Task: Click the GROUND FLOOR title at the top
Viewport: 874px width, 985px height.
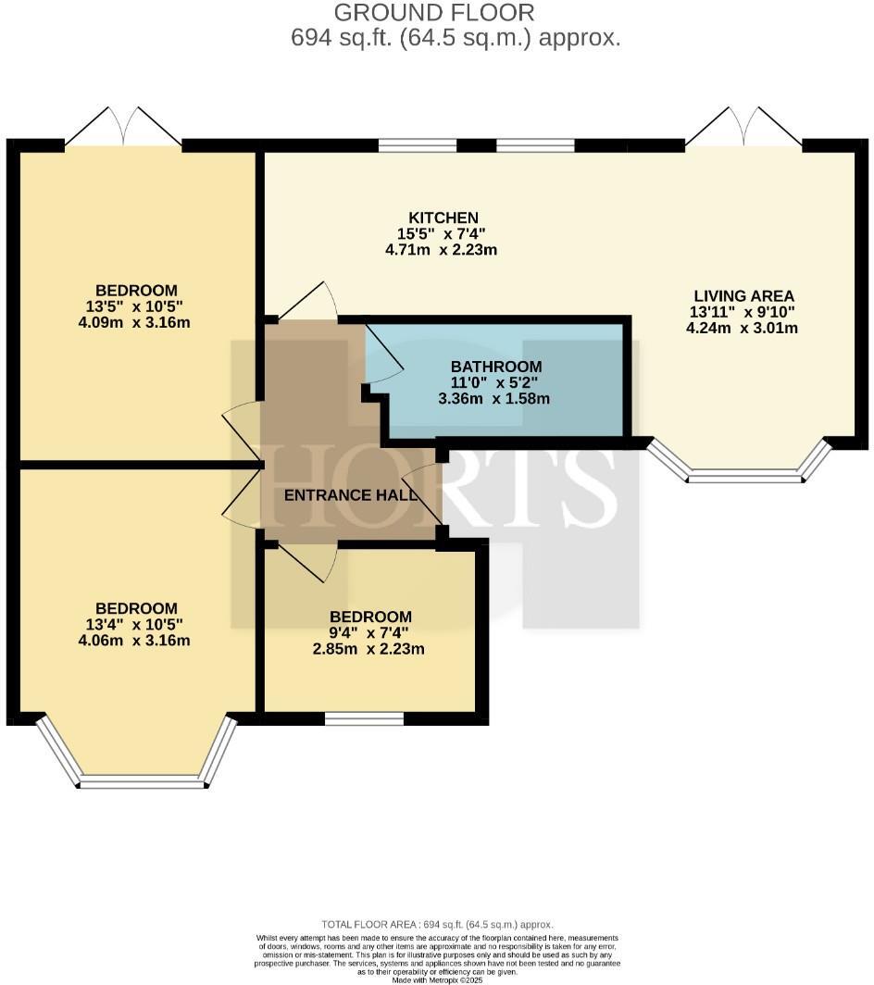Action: (x=434, y=13)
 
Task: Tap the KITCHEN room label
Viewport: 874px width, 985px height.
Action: (x=443, y=218)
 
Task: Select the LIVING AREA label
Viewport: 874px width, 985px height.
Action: (x=744, y=296)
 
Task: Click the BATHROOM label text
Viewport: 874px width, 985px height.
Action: (x=496, y=367)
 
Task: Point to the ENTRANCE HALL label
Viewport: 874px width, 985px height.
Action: (x=351, y=495)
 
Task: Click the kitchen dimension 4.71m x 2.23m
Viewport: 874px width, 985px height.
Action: (x=441, y=250)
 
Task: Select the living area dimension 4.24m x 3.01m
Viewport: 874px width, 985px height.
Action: (x=742, y=328)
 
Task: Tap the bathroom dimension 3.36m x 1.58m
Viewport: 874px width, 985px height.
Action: (x=493, y=398)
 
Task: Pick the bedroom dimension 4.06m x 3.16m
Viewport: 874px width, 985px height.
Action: (x=134, y=641)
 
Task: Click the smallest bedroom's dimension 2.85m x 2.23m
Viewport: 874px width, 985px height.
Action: (x=368, y=649)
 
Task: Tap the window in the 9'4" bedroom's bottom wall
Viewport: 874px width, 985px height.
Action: (x=365, y=718)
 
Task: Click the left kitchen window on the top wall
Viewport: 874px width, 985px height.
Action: (x=418, y=145)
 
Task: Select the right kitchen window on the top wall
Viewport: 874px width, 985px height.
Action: (x=535, y=145)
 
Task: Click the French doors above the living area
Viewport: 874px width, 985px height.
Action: (x=744, y=128)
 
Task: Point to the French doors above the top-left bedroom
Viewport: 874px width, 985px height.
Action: (x=124, y=128)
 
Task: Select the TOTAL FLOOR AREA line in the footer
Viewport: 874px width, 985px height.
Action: (x=437, y=924)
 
